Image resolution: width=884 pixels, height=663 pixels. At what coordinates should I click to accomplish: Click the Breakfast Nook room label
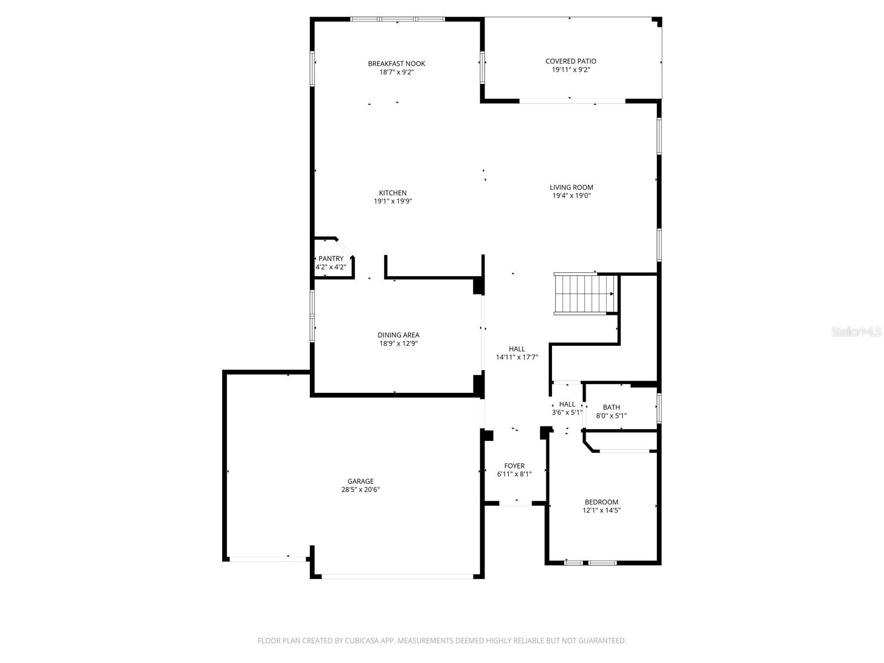(396, 64)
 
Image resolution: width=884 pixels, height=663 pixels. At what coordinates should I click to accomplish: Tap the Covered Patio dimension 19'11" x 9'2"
(571, 70)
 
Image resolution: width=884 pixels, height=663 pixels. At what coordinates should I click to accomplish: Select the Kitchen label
(392, 193)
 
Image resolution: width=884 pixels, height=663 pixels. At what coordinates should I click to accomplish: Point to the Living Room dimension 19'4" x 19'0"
(571, 196)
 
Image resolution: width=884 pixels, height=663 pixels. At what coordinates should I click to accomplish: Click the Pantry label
(330, 259)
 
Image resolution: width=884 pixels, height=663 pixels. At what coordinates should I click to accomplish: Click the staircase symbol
(584, 294)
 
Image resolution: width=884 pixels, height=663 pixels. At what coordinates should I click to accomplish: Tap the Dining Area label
(398, 335)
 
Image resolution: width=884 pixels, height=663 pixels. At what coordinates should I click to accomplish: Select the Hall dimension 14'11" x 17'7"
(517, 357)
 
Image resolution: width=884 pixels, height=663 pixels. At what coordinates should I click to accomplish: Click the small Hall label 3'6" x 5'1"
(567, 404)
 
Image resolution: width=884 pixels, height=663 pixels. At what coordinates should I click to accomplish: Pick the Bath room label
(611, 407)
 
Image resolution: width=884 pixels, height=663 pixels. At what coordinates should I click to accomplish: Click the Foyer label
(514, 466)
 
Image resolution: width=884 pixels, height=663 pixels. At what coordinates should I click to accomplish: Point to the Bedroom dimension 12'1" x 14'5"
(601, 511)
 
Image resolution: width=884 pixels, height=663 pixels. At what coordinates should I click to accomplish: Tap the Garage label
(360, 481)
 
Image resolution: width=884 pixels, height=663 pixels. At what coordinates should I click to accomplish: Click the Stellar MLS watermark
(857, 332)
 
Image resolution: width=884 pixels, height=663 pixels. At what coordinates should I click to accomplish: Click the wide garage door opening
(397, 576)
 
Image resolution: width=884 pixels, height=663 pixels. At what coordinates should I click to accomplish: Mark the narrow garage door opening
(269, 559)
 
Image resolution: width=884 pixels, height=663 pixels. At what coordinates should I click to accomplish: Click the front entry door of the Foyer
(515, 504)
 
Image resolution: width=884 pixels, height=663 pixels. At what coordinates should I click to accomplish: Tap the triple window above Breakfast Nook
(397, 19)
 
